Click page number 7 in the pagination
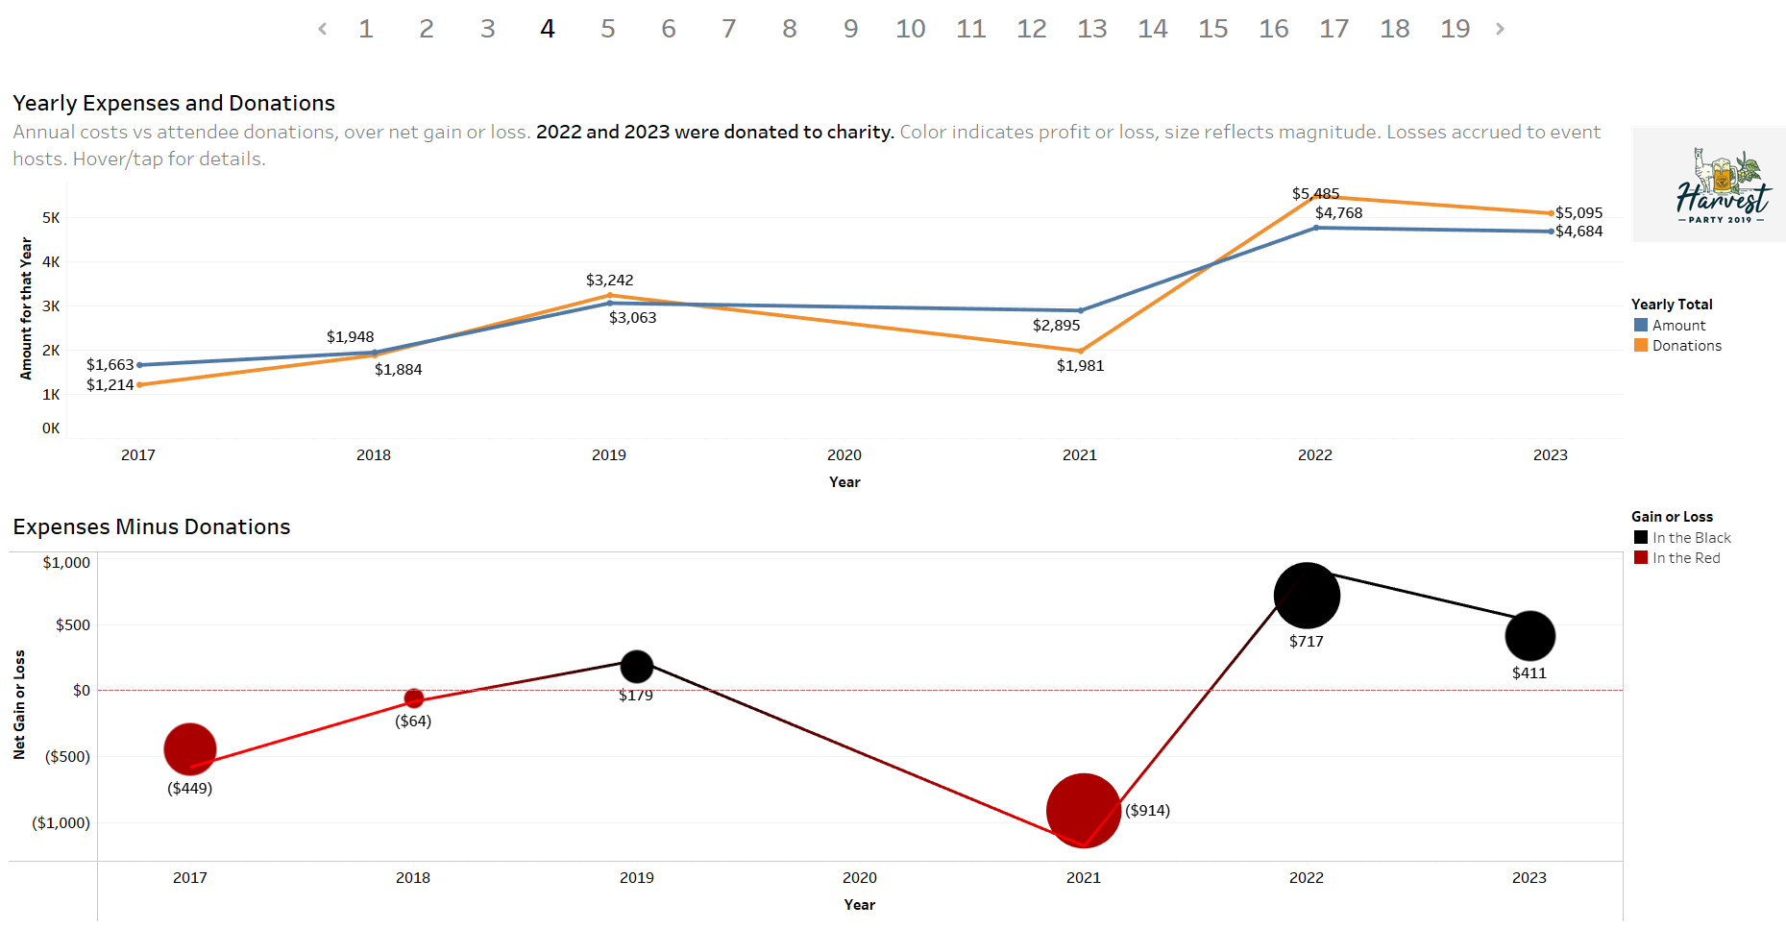coord(729,29)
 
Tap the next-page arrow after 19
coord(1500,29)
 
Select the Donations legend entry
coord(1686,346)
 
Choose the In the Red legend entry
coord(1685,558)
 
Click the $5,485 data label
coord(1315,194)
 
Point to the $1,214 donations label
coord(110,385)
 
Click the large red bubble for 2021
coord(1083,811)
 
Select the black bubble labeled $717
coord(1307,596)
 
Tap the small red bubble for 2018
coord(414,698)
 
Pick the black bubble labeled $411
coord(1529,636)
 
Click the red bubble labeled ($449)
coord(190,749)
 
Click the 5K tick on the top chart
coord(51,218)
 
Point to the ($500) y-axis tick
coord(67,757)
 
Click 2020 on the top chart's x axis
coord(844,455)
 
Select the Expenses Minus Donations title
coord(152,527)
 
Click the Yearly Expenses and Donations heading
coord(174,104)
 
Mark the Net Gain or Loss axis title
coord(19,704)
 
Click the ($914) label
coord(1147,811)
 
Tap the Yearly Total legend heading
coord(1671,305)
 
